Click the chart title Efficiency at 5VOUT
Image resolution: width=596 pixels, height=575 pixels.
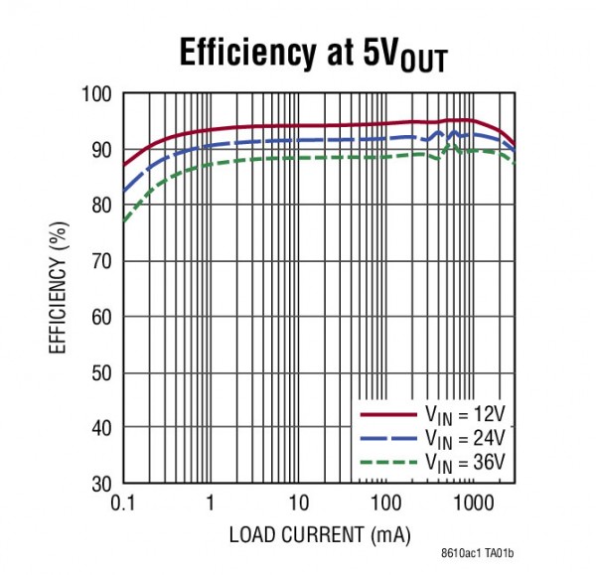pos(312,55)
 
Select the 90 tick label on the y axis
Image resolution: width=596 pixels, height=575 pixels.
pos(100,150)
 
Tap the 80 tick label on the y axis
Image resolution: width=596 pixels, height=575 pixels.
pos(100,206)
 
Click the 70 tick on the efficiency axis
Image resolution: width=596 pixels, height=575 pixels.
pos(100,261)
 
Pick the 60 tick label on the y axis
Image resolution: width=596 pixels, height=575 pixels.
pos(100,317)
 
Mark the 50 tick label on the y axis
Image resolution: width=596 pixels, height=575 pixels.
pos(100,372)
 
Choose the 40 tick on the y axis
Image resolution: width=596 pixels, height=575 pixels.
pos(100,428)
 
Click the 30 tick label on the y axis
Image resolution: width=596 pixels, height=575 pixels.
pos(100,484)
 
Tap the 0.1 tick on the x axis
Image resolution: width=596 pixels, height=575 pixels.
pos(123,503)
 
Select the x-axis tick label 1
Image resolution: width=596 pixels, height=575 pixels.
pos(211,503)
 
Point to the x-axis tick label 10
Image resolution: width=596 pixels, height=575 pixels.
pos(297,503)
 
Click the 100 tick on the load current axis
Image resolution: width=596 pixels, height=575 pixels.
pos(384,503)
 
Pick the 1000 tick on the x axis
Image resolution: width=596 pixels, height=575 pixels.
pos(471,503)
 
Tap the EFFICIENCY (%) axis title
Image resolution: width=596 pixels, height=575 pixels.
pos(58,291)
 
